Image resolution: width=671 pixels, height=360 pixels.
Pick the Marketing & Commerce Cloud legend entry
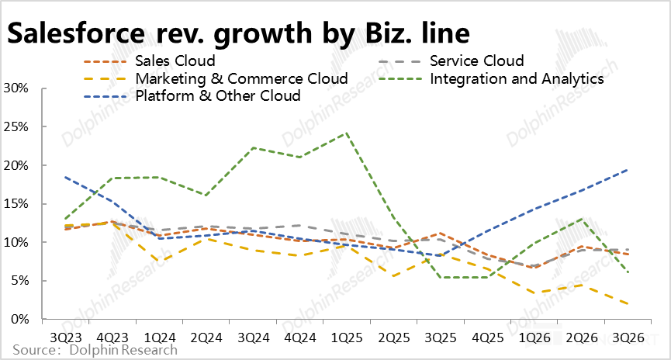[x=241, y=78]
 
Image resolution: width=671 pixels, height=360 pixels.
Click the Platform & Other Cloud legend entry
[x=218, y=95]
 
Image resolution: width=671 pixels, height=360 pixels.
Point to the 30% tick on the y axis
[x=16, y=88]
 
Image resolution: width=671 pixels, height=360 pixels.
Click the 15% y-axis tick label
[x=16, y=204]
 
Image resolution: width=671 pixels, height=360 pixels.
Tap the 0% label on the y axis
[x=19, y=319]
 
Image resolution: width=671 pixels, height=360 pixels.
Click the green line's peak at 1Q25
[x=346, y=133]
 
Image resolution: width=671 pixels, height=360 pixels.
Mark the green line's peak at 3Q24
[x=252, y=147]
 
